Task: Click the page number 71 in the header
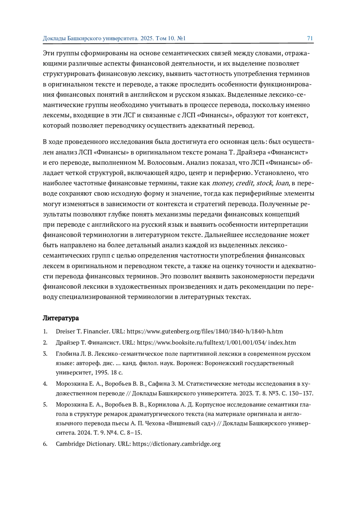(310, 38)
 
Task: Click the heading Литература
(61, 318)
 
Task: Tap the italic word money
(223, 183)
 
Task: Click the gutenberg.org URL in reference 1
(205, 331)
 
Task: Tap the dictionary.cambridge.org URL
(176, 444)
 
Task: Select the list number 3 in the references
(45, 354)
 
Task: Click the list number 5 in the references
(45, 405)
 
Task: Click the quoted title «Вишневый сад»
(191, 424)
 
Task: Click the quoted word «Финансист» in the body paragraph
(288, 152)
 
